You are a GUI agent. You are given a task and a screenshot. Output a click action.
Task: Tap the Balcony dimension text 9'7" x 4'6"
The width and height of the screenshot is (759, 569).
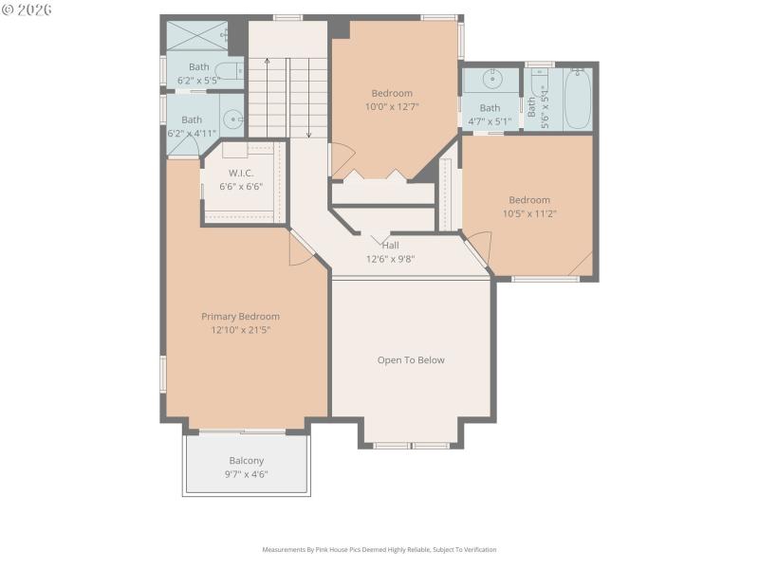pos(246,473)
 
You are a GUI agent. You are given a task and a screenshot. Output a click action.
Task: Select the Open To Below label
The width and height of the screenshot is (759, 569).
pos(411,360)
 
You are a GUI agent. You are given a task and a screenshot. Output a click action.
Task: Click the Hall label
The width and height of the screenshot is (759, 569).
pos(390,245)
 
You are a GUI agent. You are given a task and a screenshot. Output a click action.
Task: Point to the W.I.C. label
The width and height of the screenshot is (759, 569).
pos(242,173)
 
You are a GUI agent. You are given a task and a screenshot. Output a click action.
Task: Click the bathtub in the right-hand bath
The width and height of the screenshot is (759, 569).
pos(577,99)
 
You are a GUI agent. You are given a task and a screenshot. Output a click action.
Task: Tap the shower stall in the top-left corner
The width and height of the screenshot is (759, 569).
pos(195,35)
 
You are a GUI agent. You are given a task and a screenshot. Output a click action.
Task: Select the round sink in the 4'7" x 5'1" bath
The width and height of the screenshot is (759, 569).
pos(492,79)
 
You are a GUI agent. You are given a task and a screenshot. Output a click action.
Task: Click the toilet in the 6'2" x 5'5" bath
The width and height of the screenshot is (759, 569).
pos(228,68)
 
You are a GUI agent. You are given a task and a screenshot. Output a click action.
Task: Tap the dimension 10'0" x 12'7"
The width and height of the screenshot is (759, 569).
pos(392,107)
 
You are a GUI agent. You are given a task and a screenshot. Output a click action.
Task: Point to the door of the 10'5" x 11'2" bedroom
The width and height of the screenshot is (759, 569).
pos(478,248)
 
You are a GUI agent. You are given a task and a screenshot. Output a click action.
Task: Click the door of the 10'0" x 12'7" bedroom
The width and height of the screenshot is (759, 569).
pos(341,159)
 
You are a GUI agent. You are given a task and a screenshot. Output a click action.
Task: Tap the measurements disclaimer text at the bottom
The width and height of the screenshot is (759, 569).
pos(379,549)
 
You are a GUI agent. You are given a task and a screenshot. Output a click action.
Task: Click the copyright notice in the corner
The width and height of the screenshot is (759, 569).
pos(28,9)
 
